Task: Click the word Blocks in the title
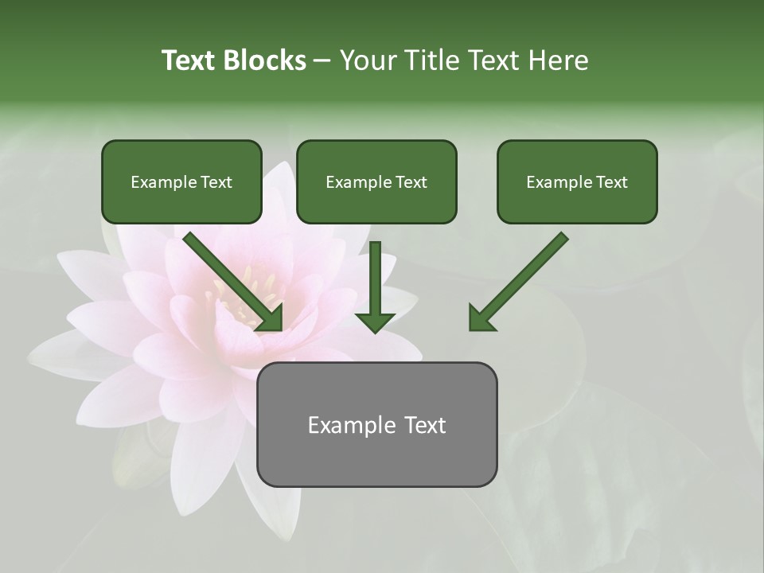263,60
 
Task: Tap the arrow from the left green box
231,279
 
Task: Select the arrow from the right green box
521,279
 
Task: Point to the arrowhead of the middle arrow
375,321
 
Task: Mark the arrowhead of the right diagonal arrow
481,318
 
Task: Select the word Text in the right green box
611,182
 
